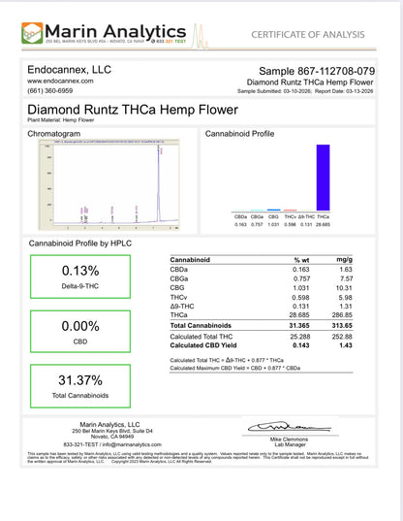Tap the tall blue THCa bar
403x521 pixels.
pyautogui.click(x=322, y=177)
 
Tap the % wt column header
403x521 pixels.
pyautogui.click(x=301, y=260)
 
